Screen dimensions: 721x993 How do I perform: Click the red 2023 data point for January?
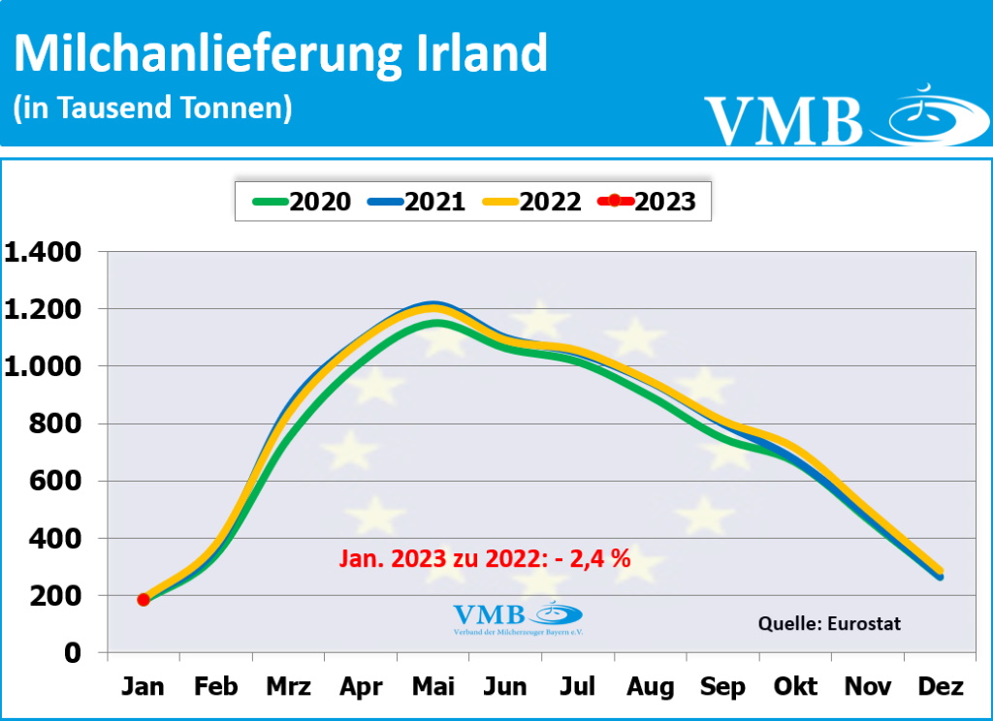pyautogui.click(x=144, y=599)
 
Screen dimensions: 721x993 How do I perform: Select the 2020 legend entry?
pyautogui.click(x=302, y=202)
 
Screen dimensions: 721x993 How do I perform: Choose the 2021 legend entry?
pyautogui.click(x=417, y=202)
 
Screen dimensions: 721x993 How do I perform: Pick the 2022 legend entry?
pyautogui.click(x=532, y=202)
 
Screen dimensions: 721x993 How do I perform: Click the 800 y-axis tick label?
pyautogui.click(x=59, y=423)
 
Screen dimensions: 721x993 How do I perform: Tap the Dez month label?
pyautogui.click(x=941, y=687)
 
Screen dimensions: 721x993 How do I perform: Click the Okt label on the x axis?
pyautogui.click(x=795, y=687)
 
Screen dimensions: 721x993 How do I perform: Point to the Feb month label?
pyautogui.click(x=215, y=687)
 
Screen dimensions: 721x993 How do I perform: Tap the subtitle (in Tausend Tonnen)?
pyautogui.click(x=152, y=108)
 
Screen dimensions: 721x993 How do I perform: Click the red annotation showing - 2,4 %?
pyautogui.click(x=485, y=558)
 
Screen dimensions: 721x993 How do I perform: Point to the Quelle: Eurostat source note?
pyautogui.click(x=829, y=623)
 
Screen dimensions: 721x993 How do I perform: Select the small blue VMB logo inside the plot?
pyautogui.click(x=517, y=616)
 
